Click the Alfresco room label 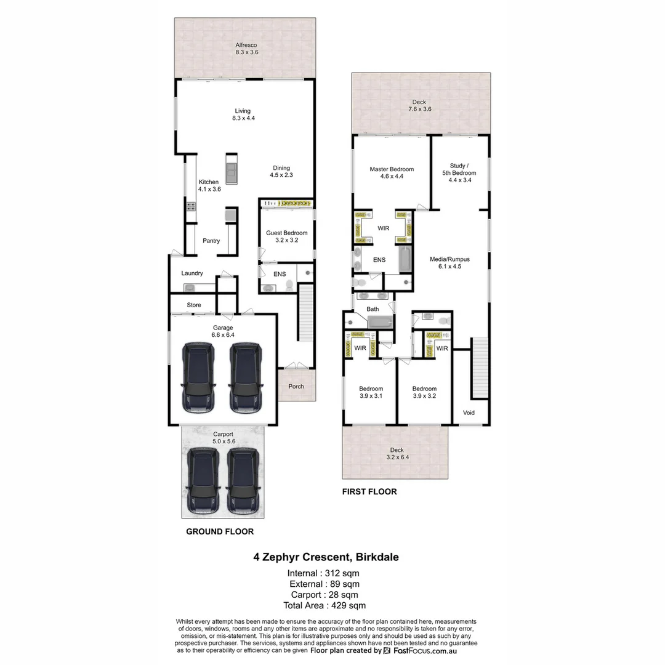click(245, 49)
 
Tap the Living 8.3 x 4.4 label click(243, 115)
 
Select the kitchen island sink click(232, 170)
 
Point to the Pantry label click(211, 241)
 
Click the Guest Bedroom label click(286, 236)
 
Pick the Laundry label click(192, 273)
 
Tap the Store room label click(194, 305)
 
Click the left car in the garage click(198, 377)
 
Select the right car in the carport click(242, 481)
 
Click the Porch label click(296, 386)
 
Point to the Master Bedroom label click(392, 173)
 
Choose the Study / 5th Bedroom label click(459, 169)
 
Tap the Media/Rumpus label click(449, 263)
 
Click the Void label click(468, 413)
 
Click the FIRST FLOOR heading click(369, 491)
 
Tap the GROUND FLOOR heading click(220, 531)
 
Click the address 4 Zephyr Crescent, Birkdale click(326, 557)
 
